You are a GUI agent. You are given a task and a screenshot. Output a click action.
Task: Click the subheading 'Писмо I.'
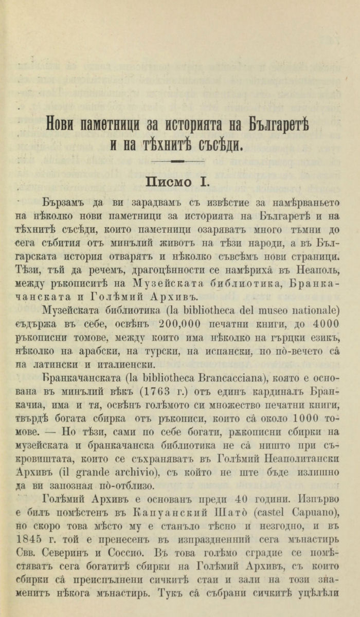coord(179,182)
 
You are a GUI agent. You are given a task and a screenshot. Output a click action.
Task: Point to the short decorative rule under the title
coord(180,161)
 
